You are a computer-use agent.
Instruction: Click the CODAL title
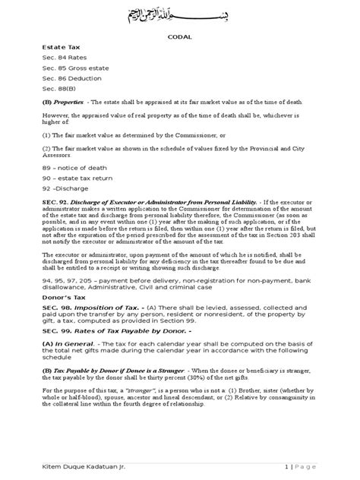pyautogui.click(x=180, y=45)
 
